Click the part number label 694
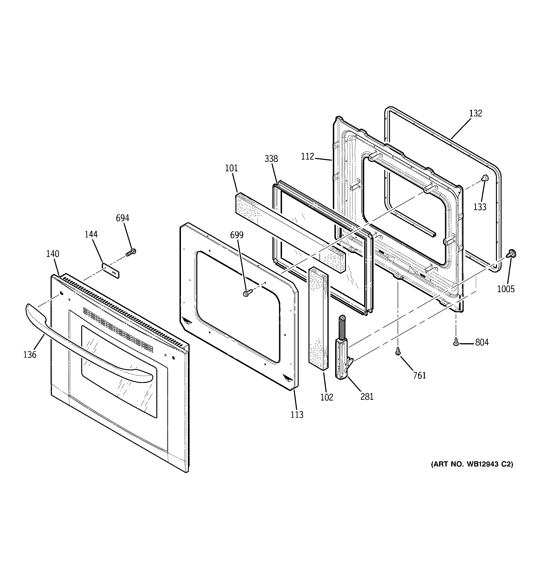click(x=122, y=218)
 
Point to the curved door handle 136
click(x=88, y=349)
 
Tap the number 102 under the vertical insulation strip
click(x=327, y=397)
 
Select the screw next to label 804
click(x=456, y=342)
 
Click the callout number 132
click(x=476, y=113)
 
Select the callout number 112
click(x=307, y=157)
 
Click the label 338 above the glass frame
click(x=271, y=159)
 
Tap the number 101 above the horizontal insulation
click(x=231, y=168)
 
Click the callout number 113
click(x=297, y=415)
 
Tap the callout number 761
click(x=419, y=375)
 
